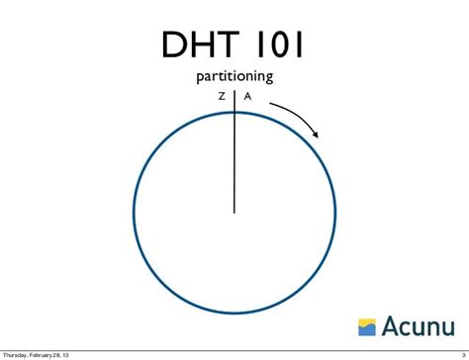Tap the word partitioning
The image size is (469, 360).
point(235,76)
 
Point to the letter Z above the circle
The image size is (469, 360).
point(222,96)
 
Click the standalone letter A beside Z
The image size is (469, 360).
point(247,96)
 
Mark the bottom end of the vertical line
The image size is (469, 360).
point(234,212)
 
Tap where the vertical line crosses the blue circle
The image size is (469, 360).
point(234,112)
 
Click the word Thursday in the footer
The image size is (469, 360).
point(18,355)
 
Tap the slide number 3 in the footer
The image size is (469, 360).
point(462,355)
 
